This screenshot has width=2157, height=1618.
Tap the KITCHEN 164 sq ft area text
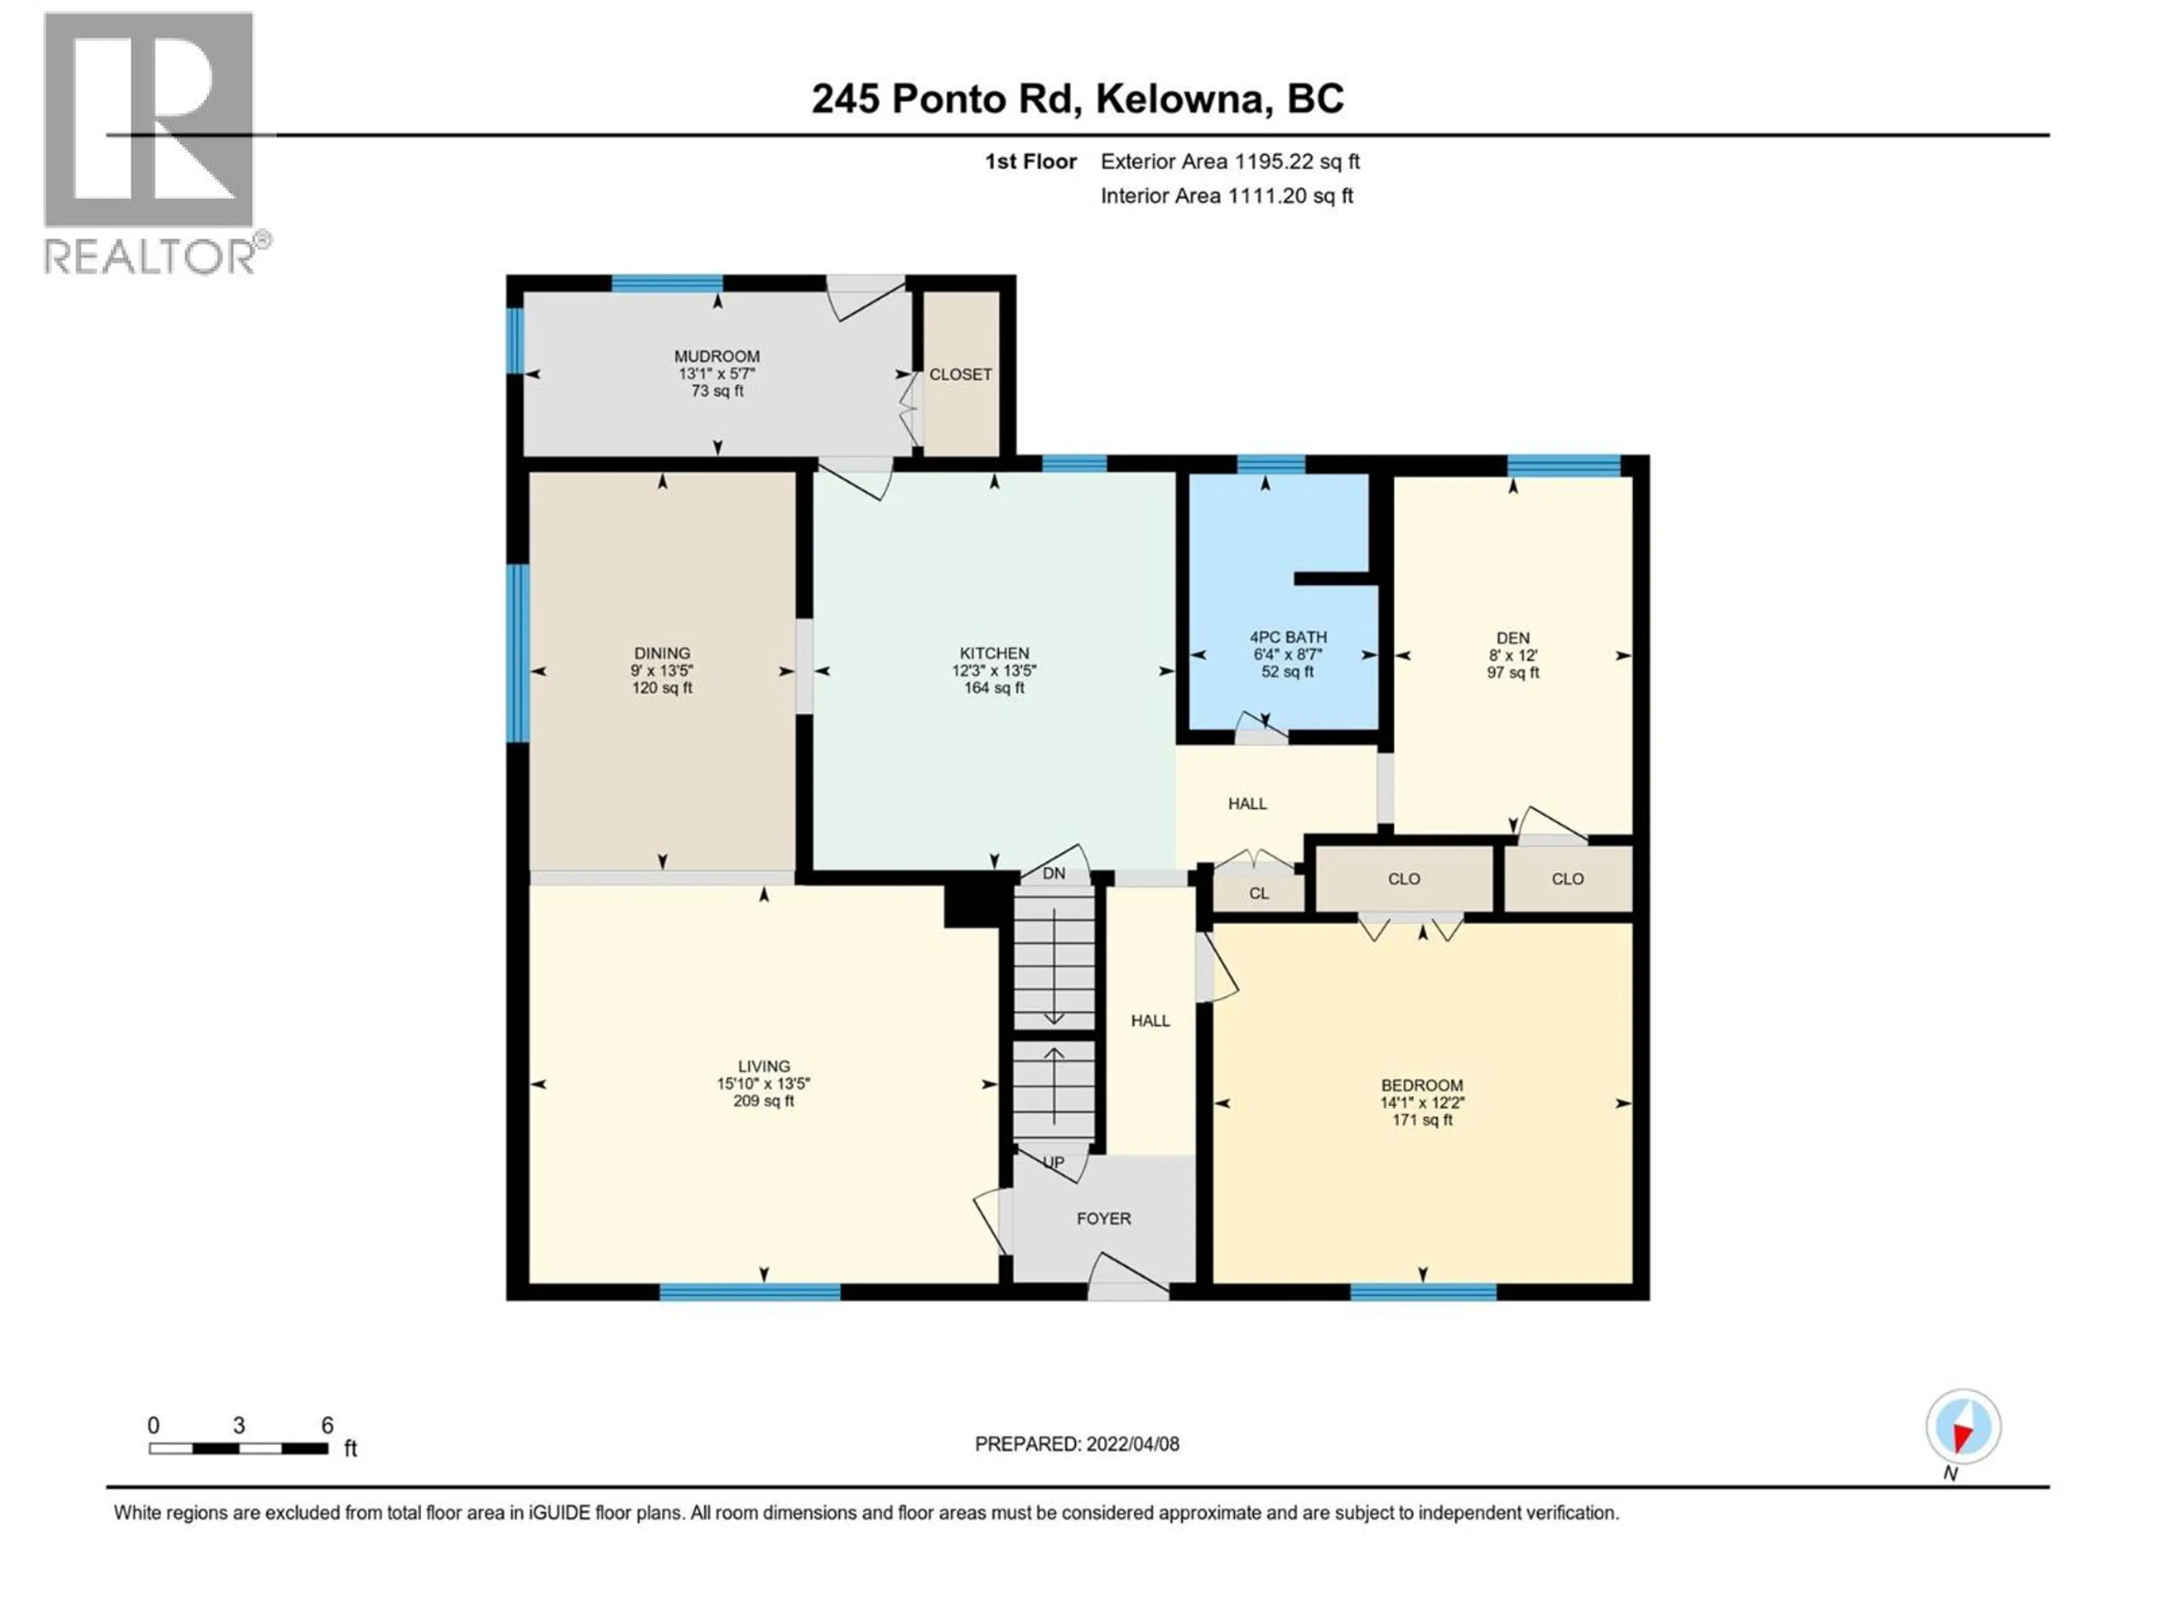coord(994,688)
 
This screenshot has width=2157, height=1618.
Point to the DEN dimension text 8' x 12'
coord(1513,656)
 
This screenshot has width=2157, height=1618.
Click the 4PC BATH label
coord(1288,637)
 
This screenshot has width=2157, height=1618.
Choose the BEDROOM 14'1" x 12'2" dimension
coord(1422,1103)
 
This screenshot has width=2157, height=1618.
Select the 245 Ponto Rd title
coord(1077,98)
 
